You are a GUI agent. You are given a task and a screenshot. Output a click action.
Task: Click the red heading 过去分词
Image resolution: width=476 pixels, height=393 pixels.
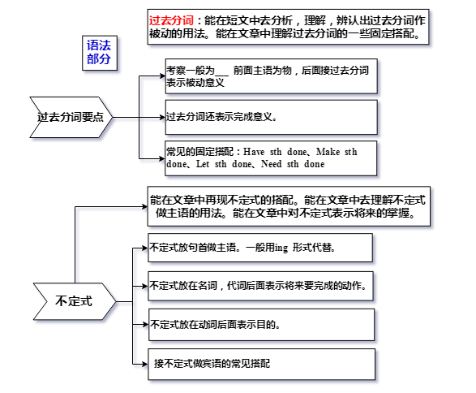[171, 20]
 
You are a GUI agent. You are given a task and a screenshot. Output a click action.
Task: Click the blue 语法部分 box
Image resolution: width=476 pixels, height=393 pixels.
[100, 53]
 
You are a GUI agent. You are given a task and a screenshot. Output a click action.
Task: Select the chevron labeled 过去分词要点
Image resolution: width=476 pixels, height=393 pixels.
[71, 117]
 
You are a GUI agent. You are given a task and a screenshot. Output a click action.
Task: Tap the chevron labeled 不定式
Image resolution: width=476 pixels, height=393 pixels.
[75, 301]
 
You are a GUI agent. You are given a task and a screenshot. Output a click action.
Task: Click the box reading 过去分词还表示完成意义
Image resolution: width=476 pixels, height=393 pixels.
[271, 117]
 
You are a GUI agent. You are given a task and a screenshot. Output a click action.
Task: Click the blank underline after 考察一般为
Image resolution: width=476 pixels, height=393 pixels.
[222, 75]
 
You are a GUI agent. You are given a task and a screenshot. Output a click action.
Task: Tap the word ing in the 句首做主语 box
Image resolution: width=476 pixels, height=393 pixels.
[281, 248]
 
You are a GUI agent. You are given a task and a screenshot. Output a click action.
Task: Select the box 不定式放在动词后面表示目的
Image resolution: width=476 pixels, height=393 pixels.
[261, 325]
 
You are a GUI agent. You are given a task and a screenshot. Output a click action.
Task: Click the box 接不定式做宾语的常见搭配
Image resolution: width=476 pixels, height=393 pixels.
[262, 364]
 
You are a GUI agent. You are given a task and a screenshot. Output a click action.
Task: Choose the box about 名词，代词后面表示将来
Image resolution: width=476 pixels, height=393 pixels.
[260, 286]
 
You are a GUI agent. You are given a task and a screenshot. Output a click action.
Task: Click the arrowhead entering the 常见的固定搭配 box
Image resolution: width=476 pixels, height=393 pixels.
[162, 158]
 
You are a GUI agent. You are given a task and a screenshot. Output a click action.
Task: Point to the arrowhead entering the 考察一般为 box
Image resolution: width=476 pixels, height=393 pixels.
[162, 76]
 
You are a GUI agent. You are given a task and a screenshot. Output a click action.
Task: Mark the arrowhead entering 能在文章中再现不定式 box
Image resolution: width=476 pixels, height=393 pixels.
[145, 207]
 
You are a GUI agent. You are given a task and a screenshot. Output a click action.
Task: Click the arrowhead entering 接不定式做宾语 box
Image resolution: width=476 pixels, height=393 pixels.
[145, 364]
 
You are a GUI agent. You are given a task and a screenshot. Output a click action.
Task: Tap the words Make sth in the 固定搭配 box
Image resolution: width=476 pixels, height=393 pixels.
[337, 152]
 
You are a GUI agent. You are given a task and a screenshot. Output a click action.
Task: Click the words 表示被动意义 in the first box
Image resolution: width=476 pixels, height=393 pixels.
[195, 83]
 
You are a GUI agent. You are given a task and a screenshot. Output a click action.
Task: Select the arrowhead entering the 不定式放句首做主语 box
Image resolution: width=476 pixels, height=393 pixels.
[145, 248]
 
